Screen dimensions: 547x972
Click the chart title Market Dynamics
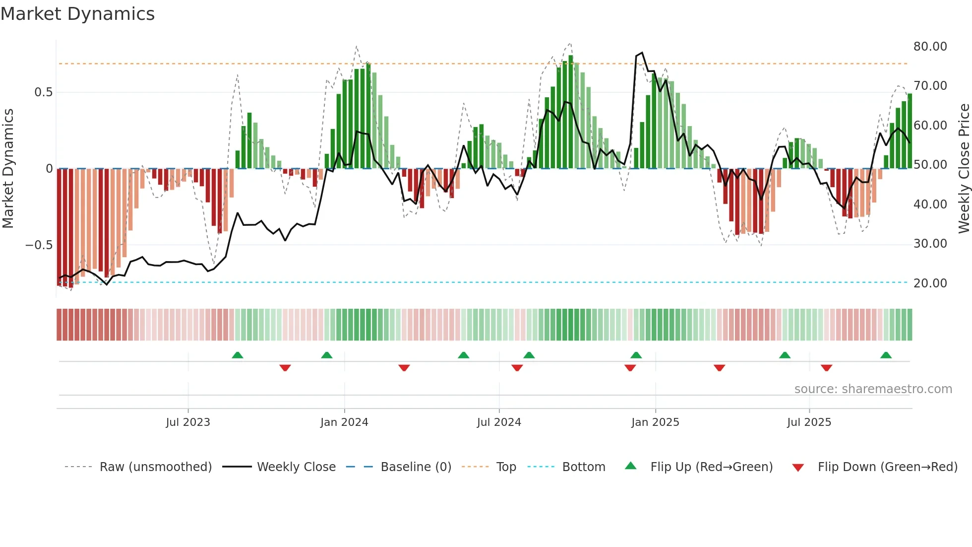77,14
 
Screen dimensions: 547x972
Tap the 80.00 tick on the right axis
930,47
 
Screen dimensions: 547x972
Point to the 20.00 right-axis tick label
930,283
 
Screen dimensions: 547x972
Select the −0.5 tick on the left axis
39,245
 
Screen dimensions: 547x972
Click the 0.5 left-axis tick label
43,92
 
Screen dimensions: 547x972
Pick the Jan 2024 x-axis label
344,422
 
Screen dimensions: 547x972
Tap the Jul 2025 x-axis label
809,422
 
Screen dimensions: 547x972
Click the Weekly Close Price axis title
964,169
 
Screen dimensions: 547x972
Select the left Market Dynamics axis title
8,169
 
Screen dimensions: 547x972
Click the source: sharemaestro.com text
873,389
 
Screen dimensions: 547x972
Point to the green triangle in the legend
630,466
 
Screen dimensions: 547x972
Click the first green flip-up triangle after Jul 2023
238,355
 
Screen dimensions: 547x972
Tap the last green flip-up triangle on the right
886,355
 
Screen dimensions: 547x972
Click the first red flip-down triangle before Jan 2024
285,368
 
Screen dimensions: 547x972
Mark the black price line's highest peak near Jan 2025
642,53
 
